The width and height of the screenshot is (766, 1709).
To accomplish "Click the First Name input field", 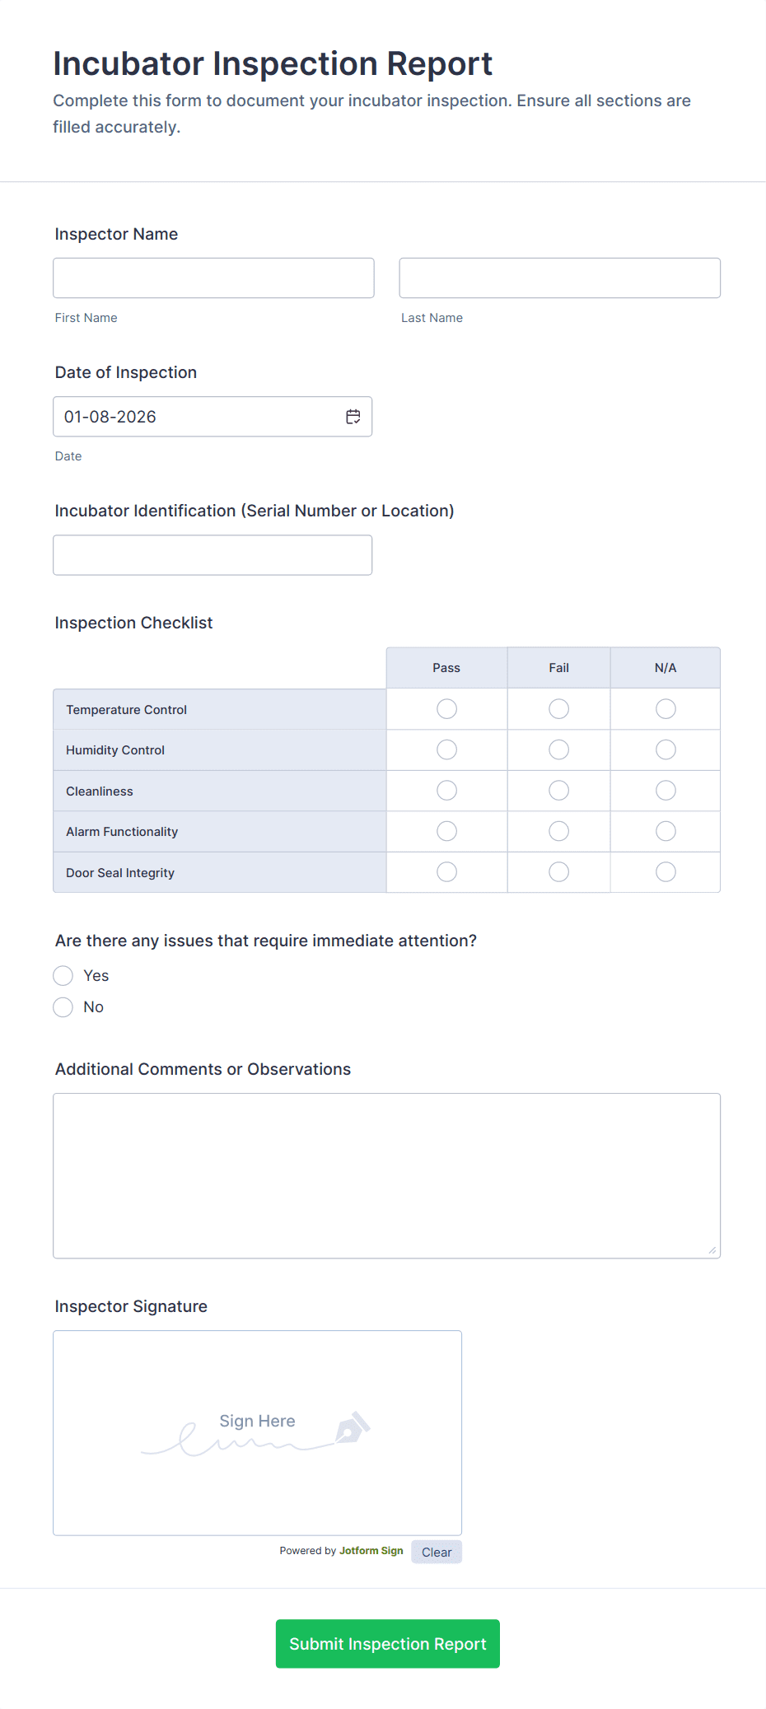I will (x=213, y=278).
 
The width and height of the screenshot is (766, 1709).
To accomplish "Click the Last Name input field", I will (x=559, y=278).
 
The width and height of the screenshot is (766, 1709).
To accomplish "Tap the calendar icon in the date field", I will (x=353, y=417).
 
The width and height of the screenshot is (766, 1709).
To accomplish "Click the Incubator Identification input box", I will (x=213, y=555).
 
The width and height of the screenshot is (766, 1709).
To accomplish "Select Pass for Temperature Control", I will (x=446, y=709).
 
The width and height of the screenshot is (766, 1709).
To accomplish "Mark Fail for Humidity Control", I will (x=558, y=749).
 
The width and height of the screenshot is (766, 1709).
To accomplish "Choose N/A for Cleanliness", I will (x=666, y=791).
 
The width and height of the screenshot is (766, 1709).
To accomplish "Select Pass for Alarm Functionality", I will (x=446, y=831).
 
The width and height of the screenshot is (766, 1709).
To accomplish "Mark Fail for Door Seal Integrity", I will (x=558, y=872).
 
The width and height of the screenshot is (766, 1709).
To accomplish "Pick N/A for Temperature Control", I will (x=666, y=709).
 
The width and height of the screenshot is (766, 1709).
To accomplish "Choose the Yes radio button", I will (x=63, y=976).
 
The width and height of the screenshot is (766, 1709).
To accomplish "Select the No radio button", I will (x=63, y=1007).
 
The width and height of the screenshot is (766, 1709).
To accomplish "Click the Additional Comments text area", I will (x=386, y=1175).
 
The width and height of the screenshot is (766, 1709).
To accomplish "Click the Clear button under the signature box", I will (x=437, y=1553).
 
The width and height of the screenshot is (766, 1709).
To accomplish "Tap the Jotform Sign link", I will (x=371, y=1551).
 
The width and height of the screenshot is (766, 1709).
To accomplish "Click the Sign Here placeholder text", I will (x=257, y=1421).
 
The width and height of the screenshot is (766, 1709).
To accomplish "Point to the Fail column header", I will (x=558, y=668).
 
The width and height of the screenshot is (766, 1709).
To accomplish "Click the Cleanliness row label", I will (x=100, y=791).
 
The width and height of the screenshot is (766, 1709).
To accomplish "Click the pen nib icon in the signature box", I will (x=353, y=1428).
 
